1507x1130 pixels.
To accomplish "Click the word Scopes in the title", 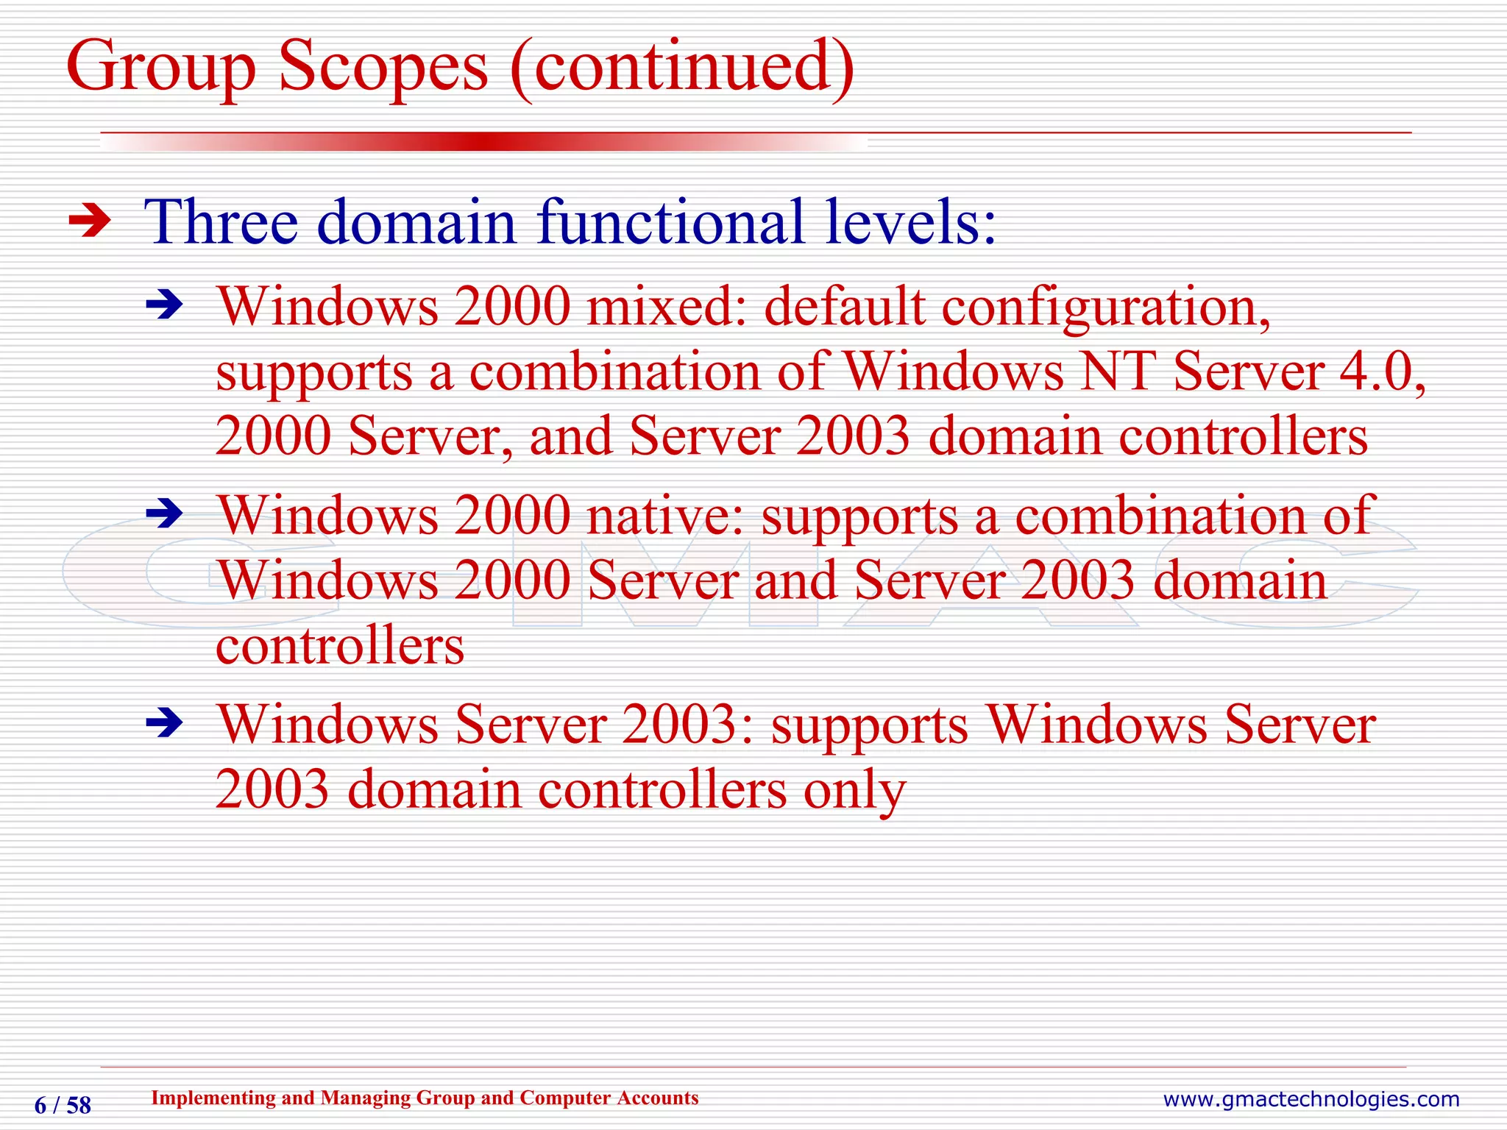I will [383, 68].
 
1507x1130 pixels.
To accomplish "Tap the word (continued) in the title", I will [681, 68].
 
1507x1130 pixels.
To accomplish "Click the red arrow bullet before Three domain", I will [89, 221].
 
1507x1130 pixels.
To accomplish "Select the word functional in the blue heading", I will [670, 221].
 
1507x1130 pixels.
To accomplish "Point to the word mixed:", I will [666, 306].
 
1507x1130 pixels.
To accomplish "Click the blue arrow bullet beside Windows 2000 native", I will [163, 513].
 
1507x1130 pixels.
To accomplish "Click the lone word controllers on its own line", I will [340, 645].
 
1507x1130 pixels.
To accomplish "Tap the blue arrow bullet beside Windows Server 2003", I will [163, 722].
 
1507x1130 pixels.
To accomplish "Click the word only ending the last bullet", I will [854, 792].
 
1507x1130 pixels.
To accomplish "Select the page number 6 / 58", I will [63, 1105].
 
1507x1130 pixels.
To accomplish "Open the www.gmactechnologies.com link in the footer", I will [1311, 1099].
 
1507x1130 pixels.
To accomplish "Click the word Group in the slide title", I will [161, 68].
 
